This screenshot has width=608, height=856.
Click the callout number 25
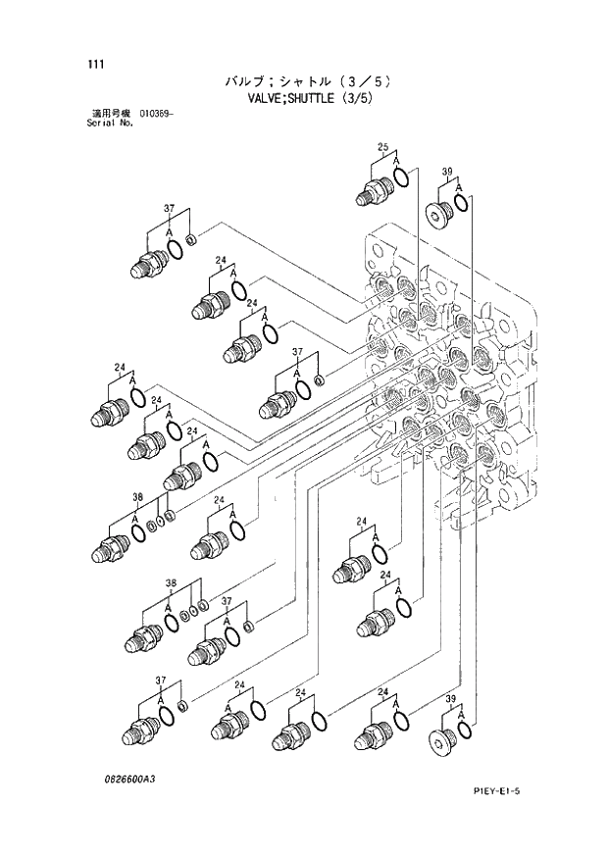coord(382,148)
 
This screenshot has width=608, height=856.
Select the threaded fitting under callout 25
coord(373,190)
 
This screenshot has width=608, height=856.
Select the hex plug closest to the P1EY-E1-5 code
coord(441,741)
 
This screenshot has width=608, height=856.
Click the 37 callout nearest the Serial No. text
coord(169,209)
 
